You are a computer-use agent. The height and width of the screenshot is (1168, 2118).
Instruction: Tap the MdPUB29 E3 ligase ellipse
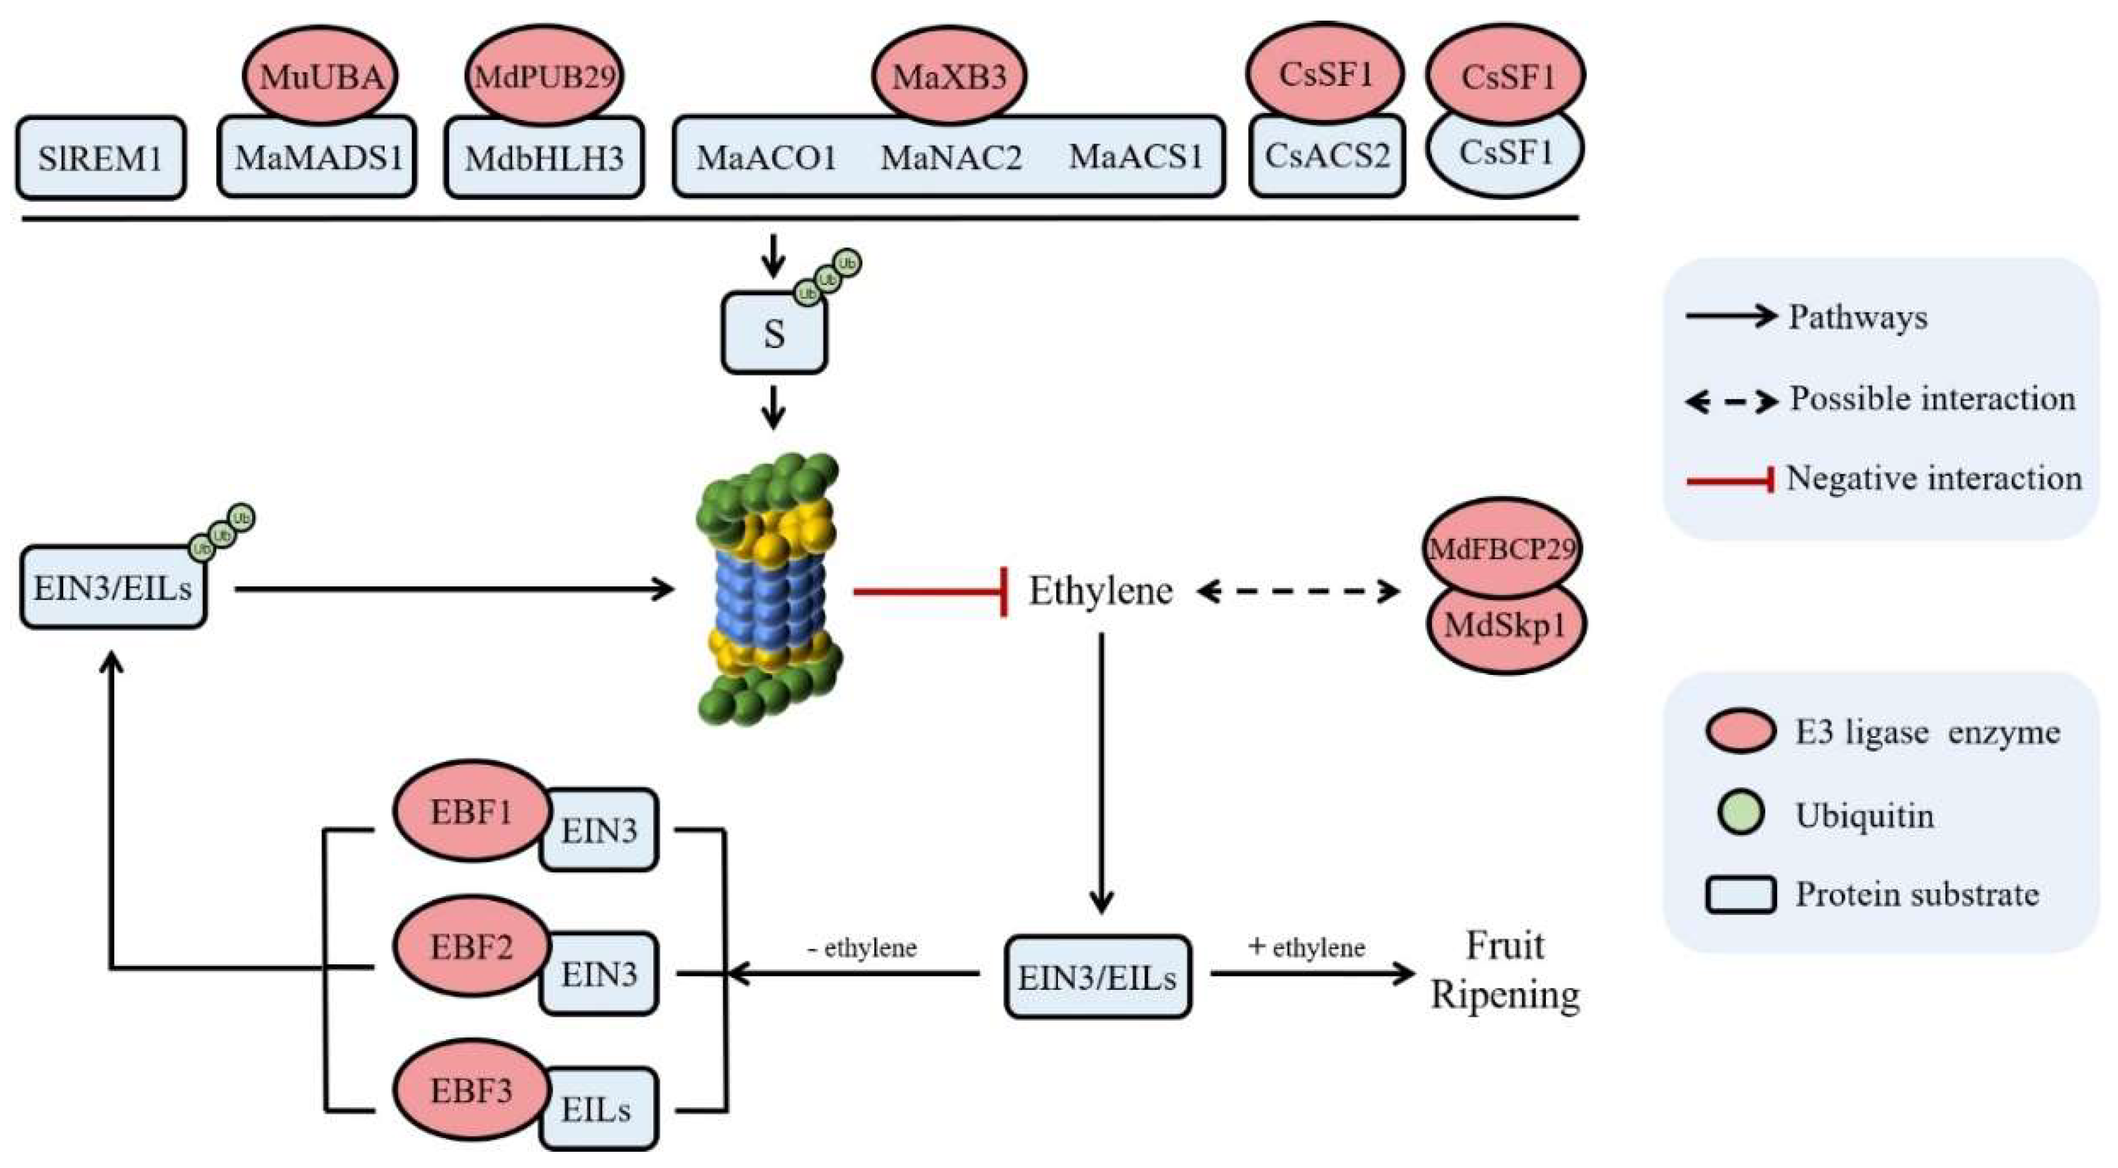544,76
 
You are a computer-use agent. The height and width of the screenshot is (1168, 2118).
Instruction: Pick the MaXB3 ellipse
949,76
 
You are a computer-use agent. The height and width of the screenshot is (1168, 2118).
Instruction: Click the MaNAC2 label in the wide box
951,157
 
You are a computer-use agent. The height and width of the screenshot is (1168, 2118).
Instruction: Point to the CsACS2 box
1327,156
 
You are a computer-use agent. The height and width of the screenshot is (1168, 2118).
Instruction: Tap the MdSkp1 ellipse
1505,626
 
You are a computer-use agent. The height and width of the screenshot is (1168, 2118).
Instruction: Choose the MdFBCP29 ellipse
1502,547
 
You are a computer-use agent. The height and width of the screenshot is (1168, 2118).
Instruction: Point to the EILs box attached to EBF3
598,1109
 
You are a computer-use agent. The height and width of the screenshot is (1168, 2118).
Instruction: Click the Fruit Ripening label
1505,970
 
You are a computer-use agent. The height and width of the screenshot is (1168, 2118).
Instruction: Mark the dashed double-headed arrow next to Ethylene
1298,590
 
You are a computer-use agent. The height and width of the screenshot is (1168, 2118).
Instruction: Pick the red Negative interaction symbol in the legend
1729,480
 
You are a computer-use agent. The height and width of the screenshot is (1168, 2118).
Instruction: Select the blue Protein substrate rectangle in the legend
1740,894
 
